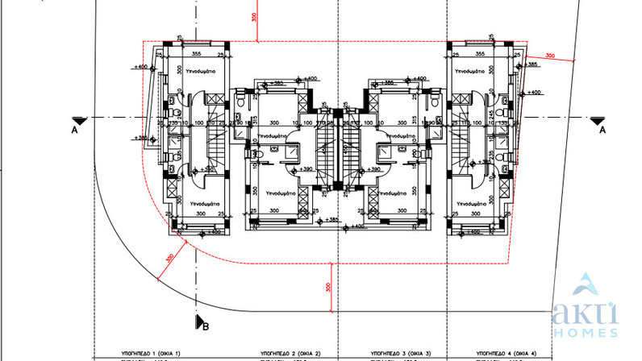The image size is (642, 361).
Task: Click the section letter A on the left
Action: click(73, 128)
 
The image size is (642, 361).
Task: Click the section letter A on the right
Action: click(602, 135)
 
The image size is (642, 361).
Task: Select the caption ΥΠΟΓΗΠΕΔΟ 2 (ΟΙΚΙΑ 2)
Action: click(290, 354)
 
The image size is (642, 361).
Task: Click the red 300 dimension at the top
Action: click(255, 17)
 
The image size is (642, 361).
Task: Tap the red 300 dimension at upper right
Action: click(550, 56)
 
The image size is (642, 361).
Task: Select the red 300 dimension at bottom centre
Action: click(329, 287)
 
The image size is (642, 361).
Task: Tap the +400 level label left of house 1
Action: click(140, 66)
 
